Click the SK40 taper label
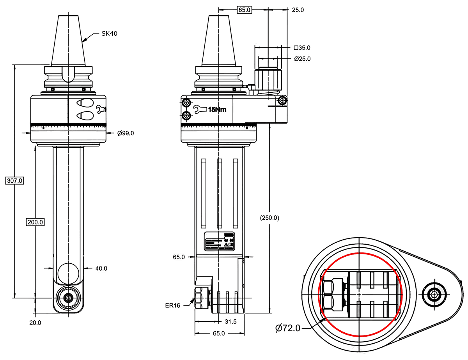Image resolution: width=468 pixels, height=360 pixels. pyautogui.click(x=110, y=34)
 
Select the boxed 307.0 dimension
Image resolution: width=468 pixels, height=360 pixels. pyautogui.click(x=15, y=181)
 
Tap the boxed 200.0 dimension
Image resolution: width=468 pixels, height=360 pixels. pyautogui.click(x=35, y=222)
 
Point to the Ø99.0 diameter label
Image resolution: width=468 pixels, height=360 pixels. pyautogui.click(x=125, y=133)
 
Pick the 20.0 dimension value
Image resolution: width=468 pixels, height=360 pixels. pyautogui.click(x=35, y=323)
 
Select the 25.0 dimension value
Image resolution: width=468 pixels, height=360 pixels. pyautogui.click(x=298, y=10)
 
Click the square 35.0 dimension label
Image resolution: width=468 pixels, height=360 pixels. pyautogui.click(x=302, y=48)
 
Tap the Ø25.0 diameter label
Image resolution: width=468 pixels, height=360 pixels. pyautogui.click(x=302, y=59)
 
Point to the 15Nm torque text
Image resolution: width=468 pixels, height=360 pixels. pyautogui.click(x=217, y=109)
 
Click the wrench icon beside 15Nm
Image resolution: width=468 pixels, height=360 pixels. pyautogui.click(x=200, y=109)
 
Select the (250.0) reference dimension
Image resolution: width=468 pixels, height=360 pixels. pyautogui.click(x=269, y=218)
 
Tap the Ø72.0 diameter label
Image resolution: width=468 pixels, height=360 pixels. pyautogui.click(x=288, y=328)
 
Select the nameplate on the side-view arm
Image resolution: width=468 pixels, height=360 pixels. pyautogui.click(x=220, y=242)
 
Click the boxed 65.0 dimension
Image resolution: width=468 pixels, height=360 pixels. pyautogui.click(x=245, y=10)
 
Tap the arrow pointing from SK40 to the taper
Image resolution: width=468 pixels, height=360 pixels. pyautogui.click(x=88, y=37)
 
